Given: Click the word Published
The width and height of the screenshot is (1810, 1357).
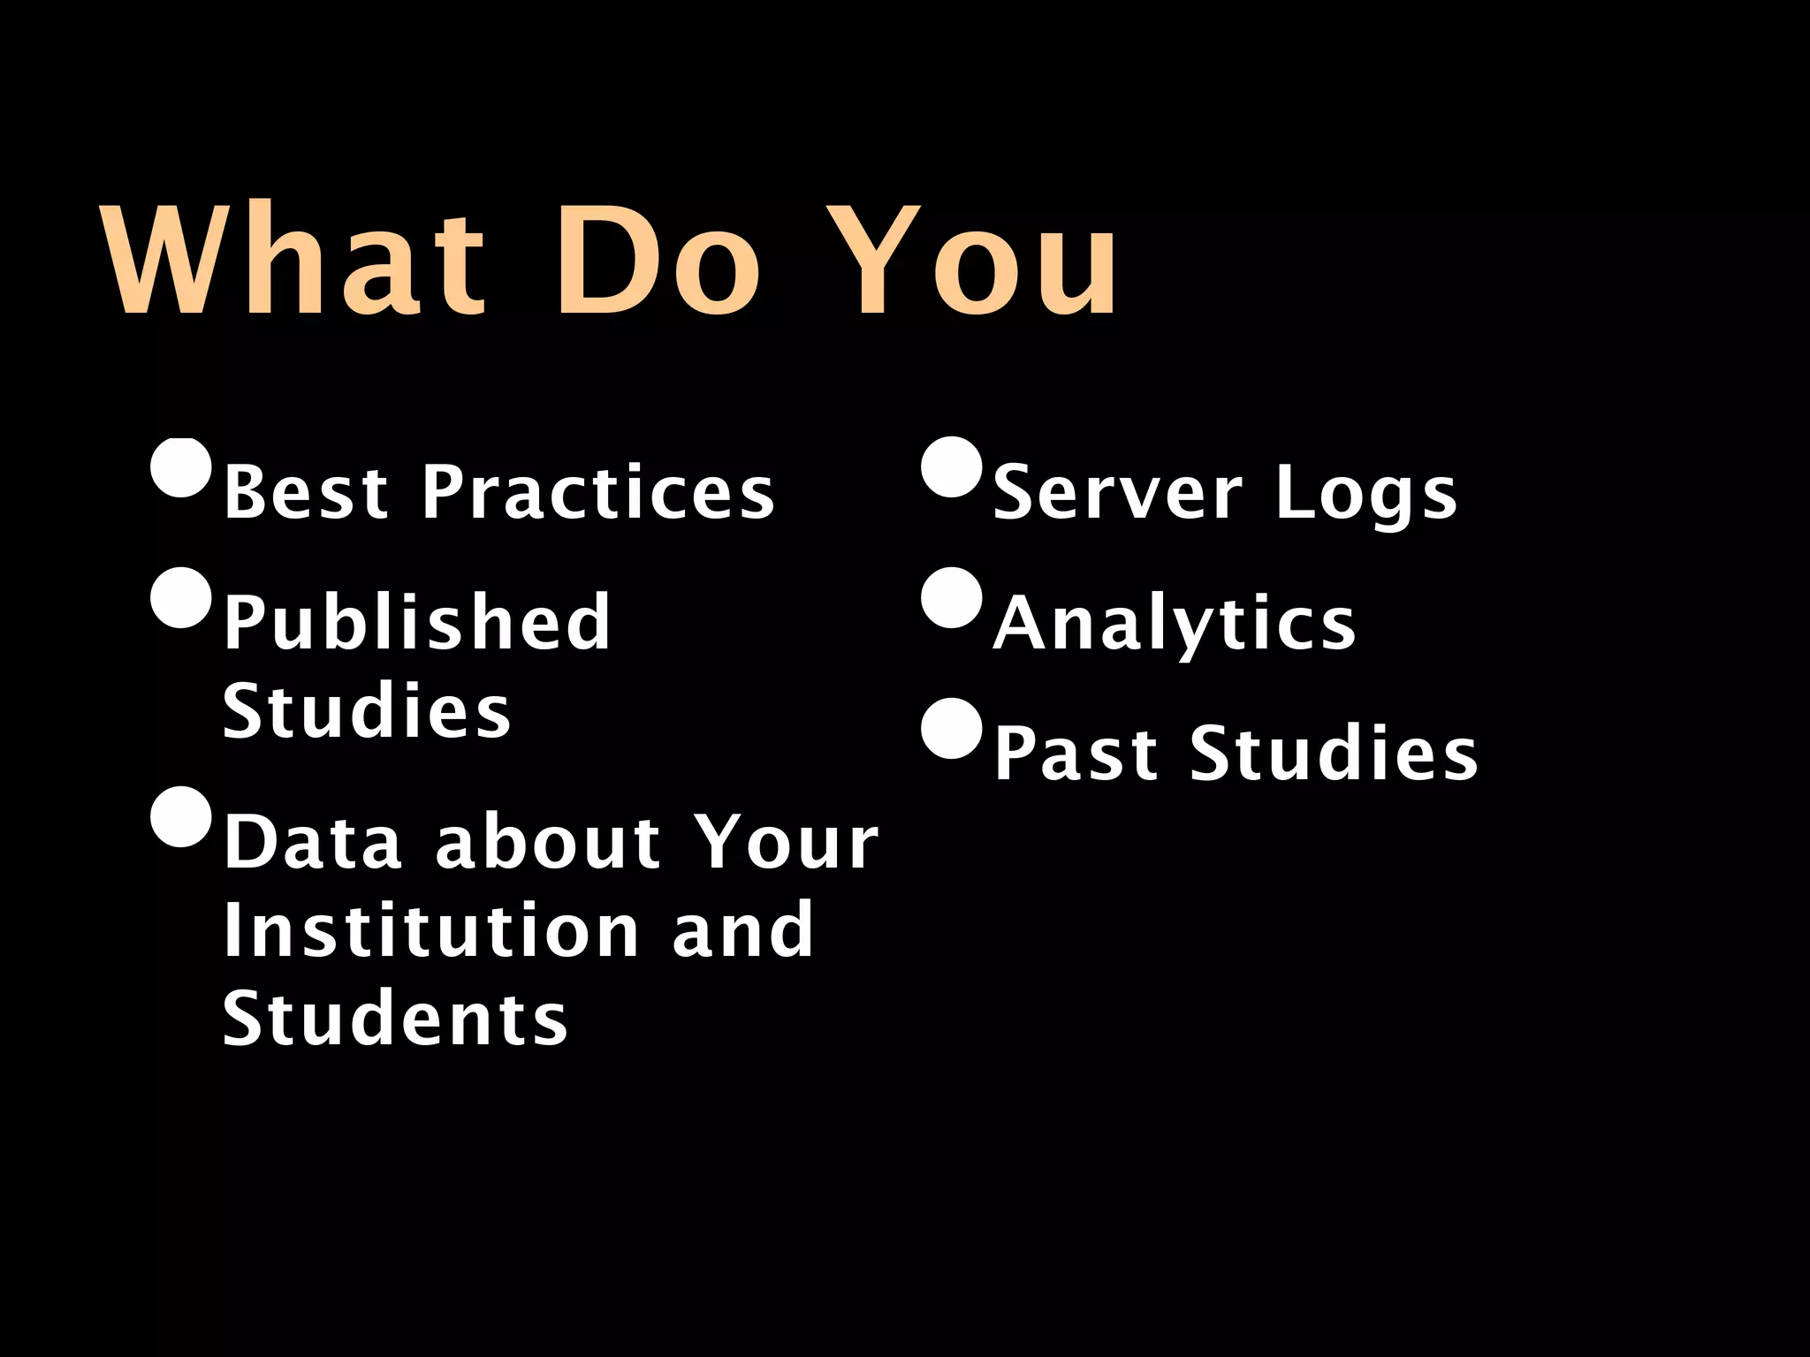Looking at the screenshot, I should click(416, 622).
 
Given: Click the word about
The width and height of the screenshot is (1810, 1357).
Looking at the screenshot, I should click(548, 842).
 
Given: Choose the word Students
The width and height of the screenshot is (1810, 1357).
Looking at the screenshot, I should click(395, 1019).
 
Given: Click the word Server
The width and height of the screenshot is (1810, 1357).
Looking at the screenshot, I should click(1118, 492).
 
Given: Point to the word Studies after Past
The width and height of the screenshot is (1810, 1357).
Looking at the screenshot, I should click(1334, 754).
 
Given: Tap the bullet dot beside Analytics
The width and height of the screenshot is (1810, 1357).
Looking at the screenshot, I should click(952, 597).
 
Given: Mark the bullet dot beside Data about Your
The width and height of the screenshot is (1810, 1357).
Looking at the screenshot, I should click(182, 816).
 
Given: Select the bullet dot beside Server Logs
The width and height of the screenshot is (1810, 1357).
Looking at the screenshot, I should click(952, 466).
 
